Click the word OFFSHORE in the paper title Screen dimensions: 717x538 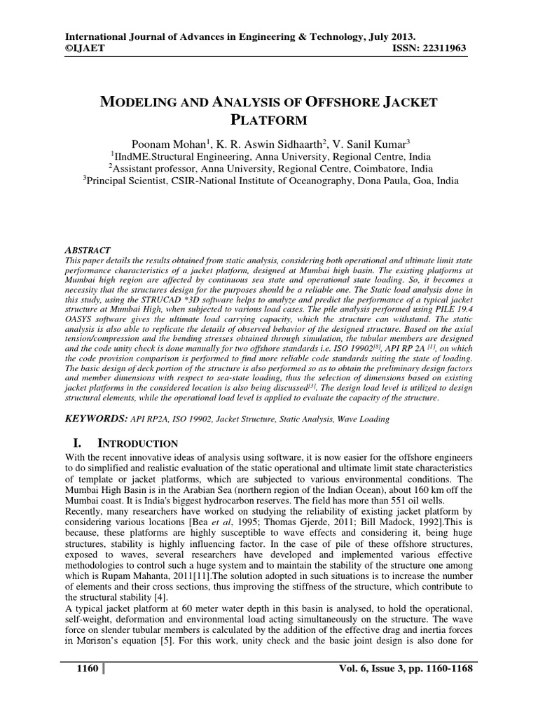coord(336,103)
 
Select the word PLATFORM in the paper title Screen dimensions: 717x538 coord(268,120)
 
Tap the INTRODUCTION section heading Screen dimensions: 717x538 coord(137,443)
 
